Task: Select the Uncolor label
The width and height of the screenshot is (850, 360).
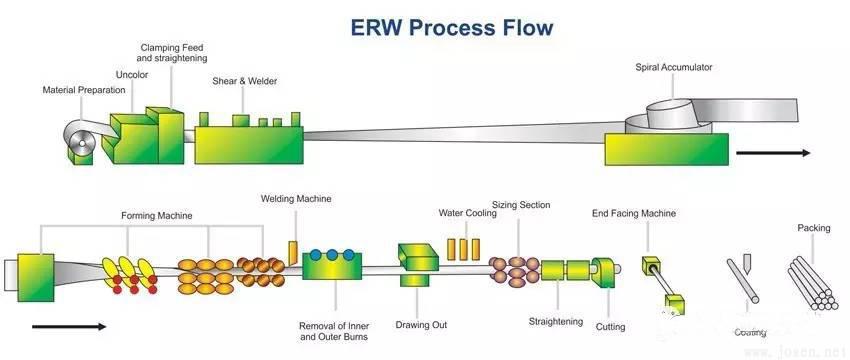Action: pyautogui.click(x=132, y=74)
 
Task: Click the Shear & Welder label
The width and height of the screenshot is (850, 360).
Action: pyautogui.click(x=245, y=81)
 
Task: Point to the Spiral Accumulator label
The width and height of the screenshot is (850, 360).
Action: pyautogui.click(x=674, y=68)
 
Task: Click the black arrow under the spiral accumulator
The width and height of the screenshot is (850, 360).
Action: pyautogui.click(x=772, y=153)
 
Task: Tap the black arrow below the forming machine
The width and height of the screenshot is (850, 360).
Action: pyautogui.click(x=68, y=326)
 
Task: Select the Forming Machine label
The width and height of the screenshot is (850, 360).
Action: pyautogui.click(x=157, y=215)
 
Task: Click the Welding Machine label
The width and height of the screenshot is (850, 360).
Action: pyautogui.click(x=295, y=199)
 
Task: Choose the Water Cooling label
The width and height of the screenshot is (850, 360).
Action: pyautogui.click(x=464, y=213)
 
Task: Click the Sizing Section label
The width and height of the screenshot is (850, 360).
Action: pyautogui.click(x=521, y=205)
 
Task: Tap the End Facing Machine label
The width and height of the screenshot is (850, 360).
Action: pyautogui.click(x=634, y=213)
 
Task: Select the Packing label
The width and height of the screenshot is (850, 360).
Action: pyautogui.click(x=813, y=228)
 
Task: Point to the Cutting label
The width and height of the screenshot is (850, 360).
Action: pyautogui.click(x=610, y=326)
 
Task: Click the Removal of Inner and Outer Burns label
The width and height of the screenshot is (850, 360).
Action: pyautogui.click(x=333, y=331)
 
